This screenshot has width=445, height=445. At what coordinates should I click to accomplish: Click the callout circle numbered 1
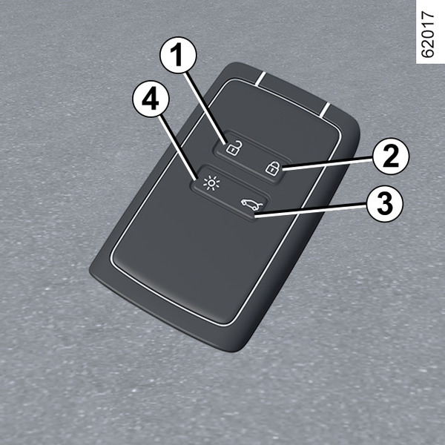[x=178, y=55]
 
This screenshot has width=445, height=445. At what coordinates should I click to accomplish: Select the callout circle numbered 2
[x=391, y=156]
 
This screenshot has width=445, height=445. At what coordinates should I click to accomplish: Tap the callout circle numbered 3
[x=385, y=203]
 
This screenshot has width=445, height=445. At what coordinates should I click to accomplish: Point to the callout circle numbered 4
[x=151, y=98]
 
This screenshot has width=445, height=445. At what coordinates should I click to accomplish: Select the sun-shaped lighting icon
[x=211, y=182]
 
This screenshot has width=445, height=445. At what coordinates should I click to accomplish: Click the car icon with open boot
[x=251, y=204]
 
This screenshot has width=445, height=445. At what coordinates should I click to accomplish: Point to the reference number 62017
[x=427, y=34]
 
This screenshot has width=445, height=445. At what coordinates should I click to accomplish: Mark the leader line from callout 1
[x=205, y=108]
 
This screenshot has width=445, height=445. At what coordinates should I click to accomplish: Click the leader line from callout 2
[x=327, y=164]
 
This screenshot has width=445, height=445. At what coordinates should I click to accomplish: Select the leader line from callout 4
[x=177, y=147]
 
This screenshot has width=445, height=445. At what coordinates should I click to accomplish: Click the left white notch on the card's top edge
[x=260, y=79]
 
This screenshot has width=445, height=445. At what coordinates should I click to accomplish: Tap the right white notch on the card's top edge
[x=325, y=109]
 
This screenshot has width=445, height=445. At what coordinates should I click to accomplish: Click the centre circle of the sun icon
[x=211, y=182]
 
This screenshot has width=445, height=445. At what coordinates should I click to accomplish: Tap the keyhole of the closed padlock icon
[x=271, y=169]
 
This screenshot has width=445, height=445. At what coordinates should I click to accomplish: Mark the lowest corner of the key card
[x=231, y=352]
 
